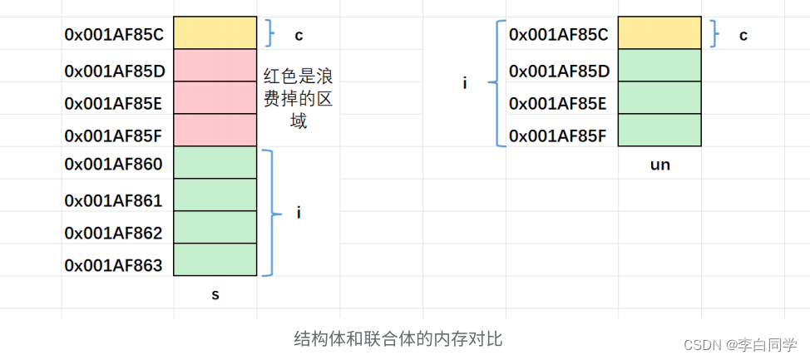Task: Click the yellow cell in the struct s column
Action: click(x=215, y=33)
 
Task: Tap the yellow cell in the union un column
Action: click(x=659, y=33)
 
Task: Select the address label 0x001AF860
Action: click(x=114, y=164)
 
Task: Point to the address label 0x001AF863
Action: click(x=114, y=265)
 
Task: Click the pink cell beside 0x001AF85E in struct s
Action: click(x=215, y=98)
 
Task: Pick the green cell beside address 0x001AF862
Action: click(x=215, y=227)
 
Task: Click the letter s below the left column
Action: click(x=215, y=293)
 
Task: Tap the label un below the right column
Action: click(x=659, y=165)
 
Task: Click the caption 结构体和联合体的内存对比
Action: click(x=398, y=339)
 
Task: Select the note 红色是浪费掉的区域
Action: click(x=299, y=99)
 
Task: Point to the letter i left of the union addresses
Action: click(x=465, y=83)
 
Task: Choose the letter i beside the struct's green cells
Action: click(x=299, y=213)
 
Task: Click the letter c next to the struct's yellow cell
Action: click(x=299, y=35)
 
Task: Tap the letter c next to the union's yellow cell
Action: click(x=743, y=35)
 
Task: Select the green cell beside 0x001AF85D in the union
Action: click(x=659, y=66)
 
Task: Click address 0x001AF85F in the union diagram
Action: click(x=557, y=135)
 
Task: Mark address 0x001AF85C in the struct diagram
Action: click(x=114, y=35)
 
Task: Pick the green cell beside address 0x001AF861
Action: click(x=215, y=195)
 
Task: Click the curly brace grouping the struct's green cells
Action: click(x=269, y=213)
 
